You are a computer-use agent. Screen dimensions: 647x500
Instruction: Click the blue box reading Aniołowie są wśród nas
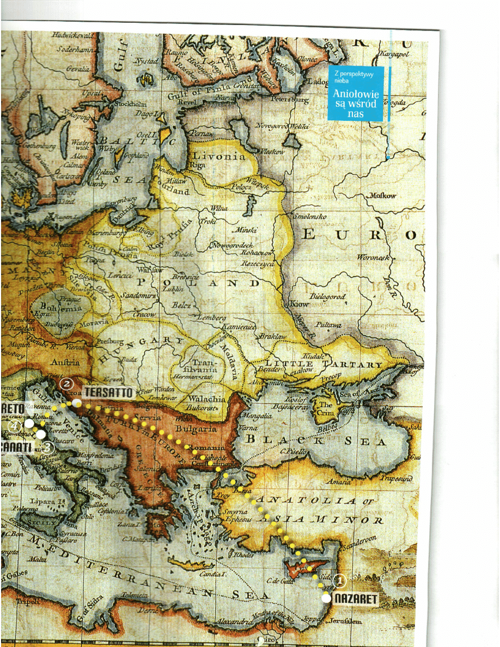click(x=356, y=94)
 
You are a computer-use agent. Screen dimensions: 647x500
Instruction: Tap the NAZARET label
click(x=356, y=598)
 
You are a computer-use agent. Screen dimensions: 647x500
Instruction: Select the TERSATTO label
click(x=111, y=392)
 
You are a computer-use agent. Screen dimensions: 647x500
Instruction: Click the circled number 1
click(x=339, y=581)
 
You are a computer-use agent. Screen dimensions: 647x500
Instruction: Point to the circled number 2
click(x=66, y=383)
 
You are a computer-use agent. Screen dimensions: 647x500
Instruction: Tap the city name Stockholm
click(x=129, y=102)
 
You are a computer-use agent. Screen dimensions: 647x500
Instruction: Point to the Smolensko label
click(x=310, y=216)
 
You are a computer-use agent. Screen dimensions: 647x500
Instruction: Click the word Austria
click(x=64, y=362)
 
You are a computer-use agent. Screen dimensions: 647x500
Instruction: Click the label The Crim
click(x=326, y=408)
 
